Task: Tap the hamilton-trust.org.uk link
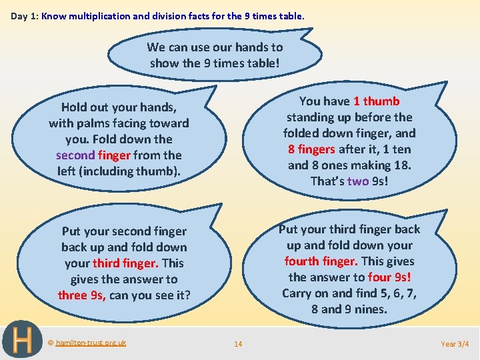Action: [91, 343]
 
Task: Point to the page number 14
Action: [238, 344]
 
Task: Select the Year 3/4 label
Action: [455, 344]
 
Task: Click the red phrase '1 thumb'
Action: [377, 101]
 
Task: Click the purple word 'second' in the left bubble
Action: [76, 155]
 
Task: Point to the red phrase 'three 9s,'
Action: [82, 295]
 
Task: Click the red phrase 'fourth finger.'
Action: [321, 261]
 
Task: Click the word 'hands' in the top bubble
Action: [251, 47]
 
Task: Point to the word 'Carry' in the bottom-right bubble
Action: [297, 293]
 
